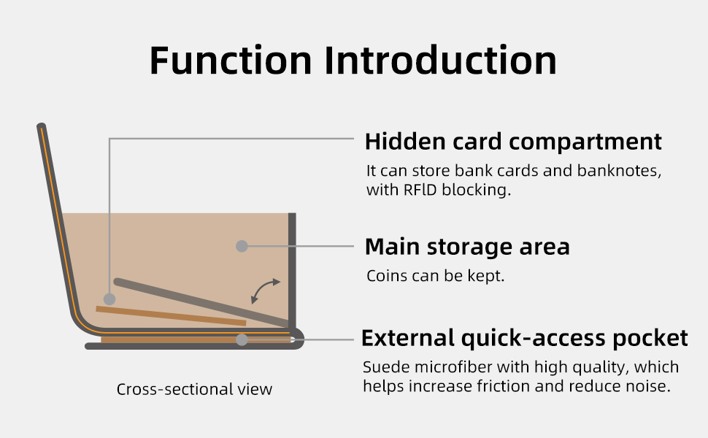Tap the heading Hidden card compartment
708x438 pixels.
(513, 142)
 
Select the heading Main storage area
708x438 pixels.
(467, 247)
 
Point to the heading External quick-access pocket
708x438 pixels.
(525, 338)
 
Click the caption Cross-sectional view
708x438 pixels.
(194, 389)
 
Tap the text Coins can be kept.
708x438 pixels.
(435, 276)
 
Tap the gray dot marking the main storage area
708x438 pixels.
(242, 246)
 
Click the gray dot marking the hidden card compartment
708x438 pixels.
(109, 299)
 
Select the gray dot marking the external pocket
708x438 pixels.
(242, 339)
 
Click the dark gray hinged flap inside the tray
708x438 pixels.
(202, 302)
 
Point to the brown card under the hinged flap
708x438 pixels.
(171, 316)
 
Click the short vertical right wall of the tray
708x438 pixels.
(292, 271)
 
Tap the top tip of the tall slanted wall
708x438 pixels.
(41, 126)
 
